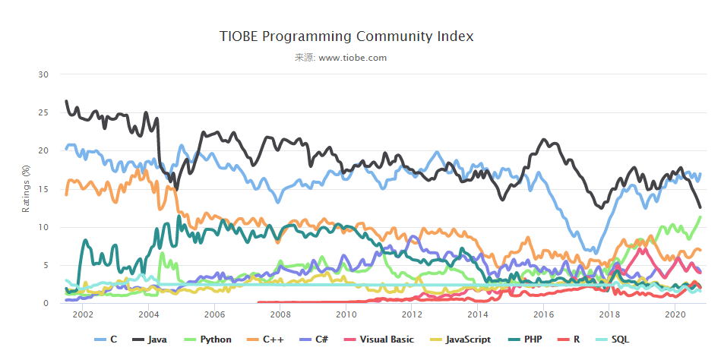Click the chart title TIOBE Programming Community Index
[x=346, y=36]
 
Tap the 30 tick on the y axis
[x=43, y=74]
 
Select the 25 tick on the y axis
[x=43, y=112]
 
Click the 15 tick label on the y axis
[x=43, y=189]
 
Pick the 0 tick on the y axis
[x=46, y=304]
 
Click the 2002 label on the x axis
[x=83, y=314]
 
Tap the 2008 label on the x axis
[x=280, y=314]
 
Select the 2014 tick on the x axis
[x=478, y=314]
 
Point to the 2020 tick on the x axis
[x=675, y=314]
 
